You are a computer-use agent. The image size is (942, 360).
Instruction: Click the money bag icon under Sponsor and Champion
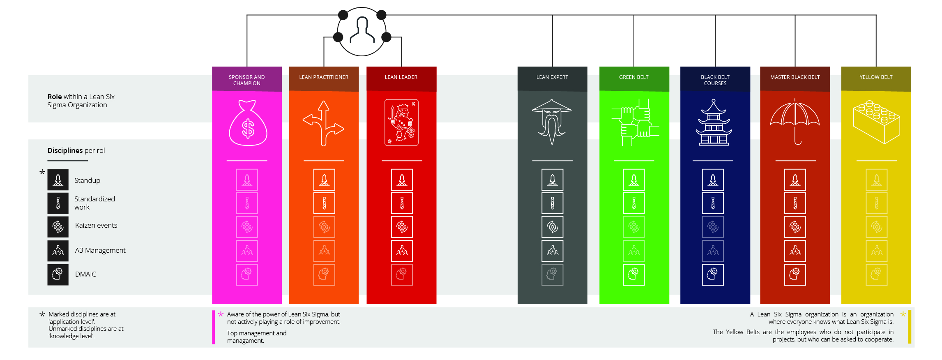coord(248,123)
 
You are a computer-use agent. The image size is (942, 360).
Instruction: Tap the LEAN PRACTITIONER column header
coord(324,77)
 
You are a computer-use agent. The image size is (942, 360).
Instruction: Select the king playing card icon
coord(401,122)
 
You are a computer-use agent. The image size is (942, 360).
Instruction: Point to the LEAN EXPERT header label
coord(552,77)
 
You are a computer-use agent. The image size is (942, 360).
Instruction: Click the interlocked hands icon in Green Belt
coord(634,122)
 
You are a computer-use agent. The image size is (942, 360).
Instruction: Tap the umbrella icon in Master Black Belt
coord(795,121)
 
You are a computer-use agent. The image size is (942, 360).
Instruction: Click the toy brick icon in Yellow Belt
coord(876,122)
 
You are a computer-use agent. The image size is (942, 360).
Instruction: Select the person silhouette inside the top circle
coord(362,30)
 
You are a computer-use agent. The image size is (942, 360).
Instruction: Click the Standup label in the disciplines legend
coord(87,180)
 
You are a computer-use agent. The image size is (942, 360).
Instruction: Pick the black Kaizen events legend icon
coord(58,227)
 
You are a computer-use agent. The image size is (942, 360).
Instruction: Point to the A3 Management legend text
coord(100,250)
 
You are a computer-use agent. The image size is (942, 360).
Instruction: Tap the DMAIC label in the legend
coord(85,274)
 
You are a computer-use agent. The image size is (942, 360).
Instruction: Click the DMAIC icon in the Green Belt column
coord(634,275)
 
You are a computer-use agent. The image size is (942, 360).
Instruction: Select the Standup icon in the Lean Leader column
coord(402,180)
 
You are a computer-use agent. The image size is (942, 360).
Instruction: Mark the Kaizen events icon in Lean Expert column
coord(552,227)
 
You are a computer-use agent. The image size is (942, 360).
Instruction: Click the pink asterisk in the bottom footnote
coord(221,314)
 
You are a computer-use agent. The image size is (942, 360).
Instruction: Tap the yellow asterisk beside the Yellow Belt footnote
coord(903,314)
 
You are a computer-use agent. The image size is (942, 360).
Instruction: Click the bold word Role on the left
coord(55,97)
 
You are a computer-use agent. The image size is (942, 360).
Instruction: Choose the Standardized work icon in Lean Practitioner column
coord(324,203)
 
